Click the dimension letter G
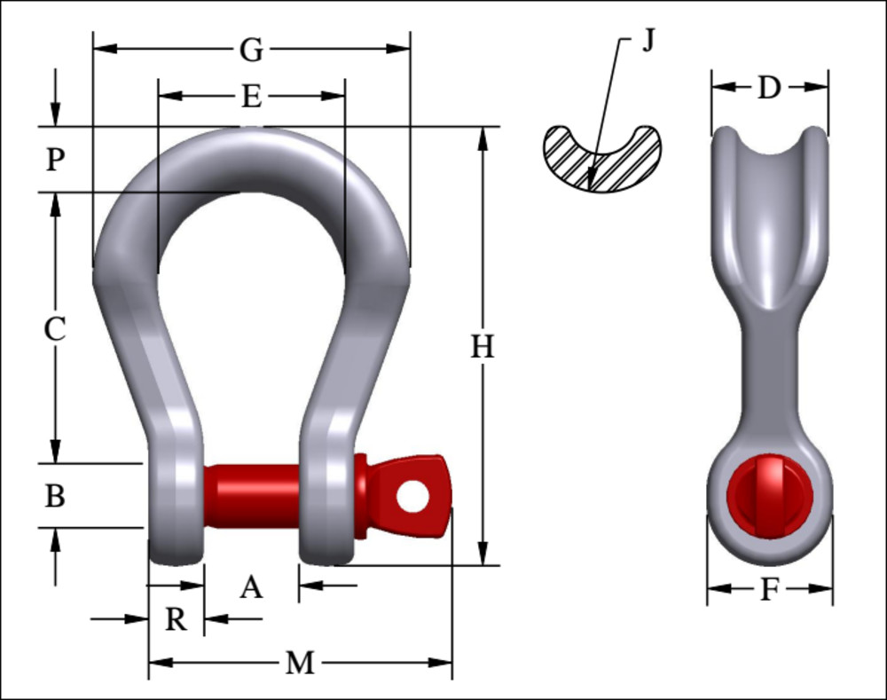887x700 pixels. [x=252, y=50]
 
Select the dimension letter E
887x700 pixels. [x=252, y=96]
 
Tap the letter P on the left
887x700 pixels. [x=55, y=160]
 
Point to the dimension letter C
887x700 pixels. [x=55, y=329]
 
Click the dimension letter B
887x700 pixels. [x=55, y=496]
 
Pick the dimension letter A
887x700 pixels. [x=252, y=586]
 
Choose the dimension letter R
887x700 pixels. [x=177, y=619]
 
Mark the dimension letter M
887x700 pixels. [x=300, y=663]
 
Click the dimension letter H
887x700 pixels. [x=483, y=347]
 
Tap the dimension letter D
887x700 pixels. [x=769, y=88]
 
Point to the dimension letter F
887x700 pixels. [x=769, y=590]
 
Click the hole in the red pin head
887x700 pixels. [x=412, y=496]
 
